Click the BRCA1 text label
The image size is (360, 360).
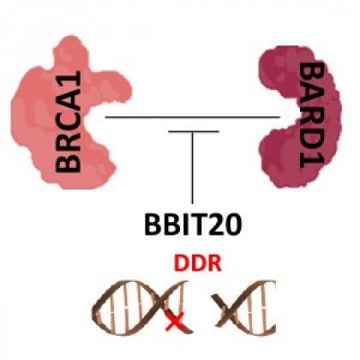coord(69,121)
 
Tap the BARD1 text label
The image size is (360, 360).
coord(312,116)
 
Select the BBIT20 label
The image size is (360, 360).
coord(193,225)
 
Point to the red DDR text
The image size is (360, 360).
coord(198,263)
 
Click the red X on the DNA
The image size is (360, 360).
coord(175,321)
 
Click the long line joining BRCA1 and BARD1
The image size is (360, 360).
coord(193,117)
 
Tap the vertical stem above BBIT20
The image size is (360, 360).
coord(193,168)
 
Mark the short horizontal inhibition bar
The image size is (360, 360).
coord(194,131)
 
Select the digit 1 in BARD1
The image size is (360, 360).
coord(312,160)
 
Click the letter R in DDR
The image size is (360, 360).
coord(213,263)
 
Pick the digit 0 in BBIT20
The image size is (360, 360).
coord(233,225)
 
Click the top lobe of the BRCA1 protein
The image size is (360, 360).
coord(70,51)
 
